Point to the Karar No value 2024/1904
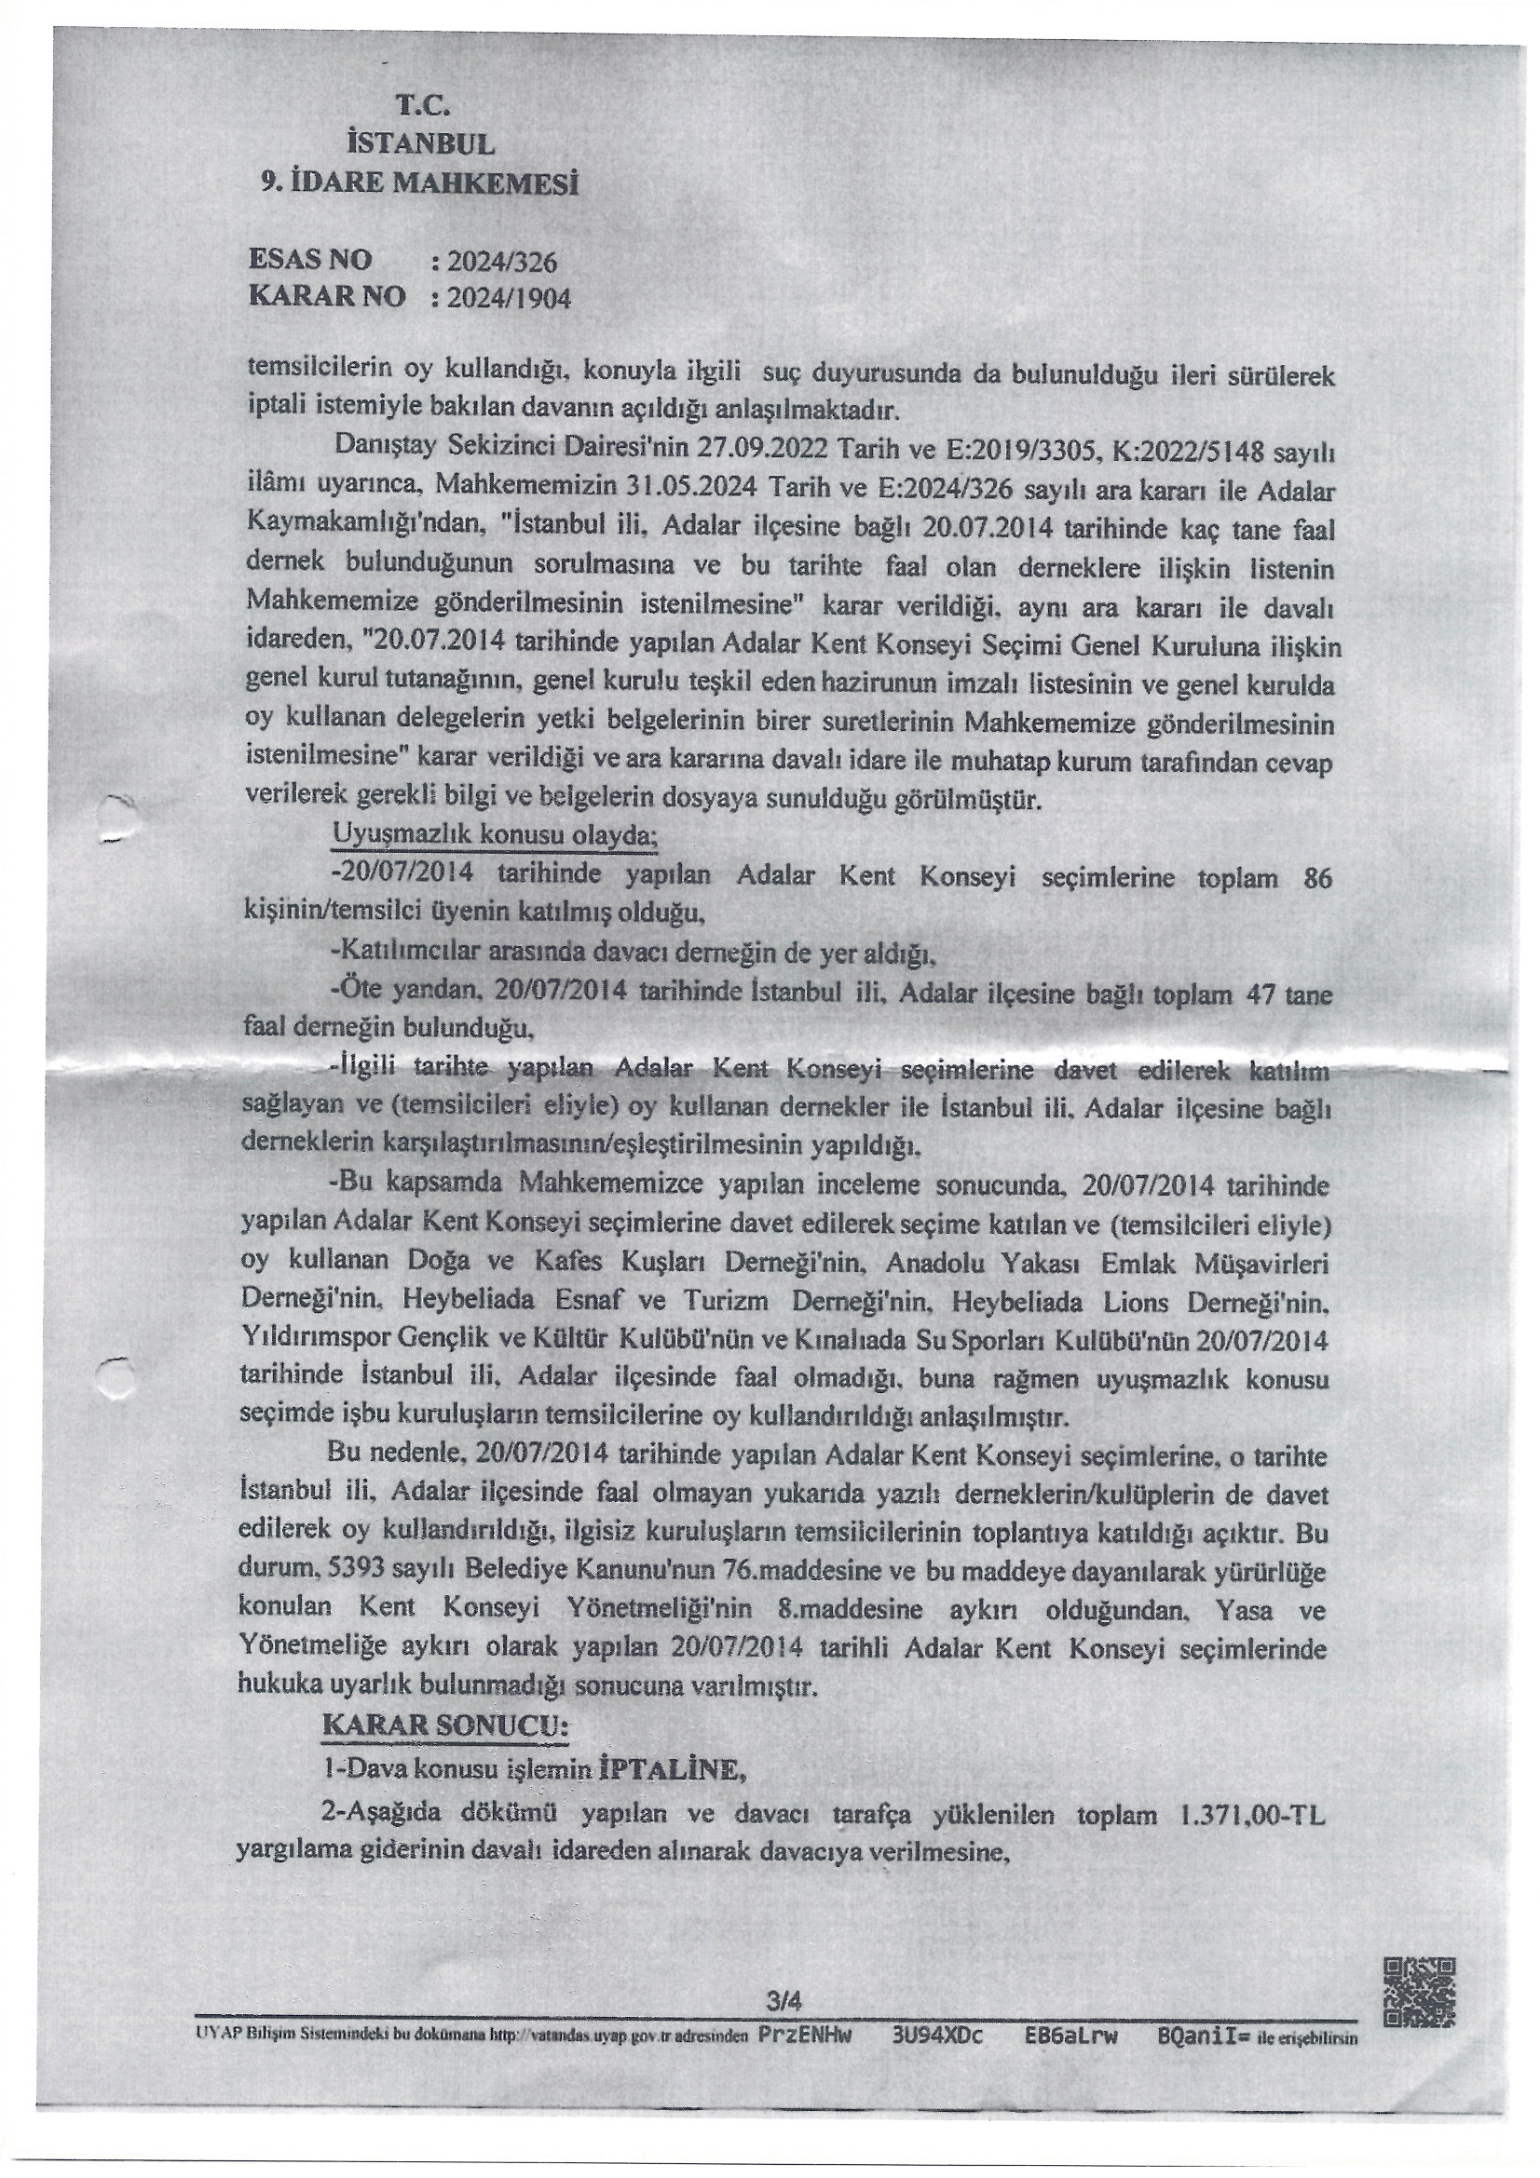(x=510, y=299)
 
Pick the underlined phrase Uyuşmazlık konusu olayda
(x=495, y=834)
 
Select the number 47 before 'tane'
(x=1252, y=995)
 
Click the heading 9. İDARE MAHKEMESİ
(x=420, y=183)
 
